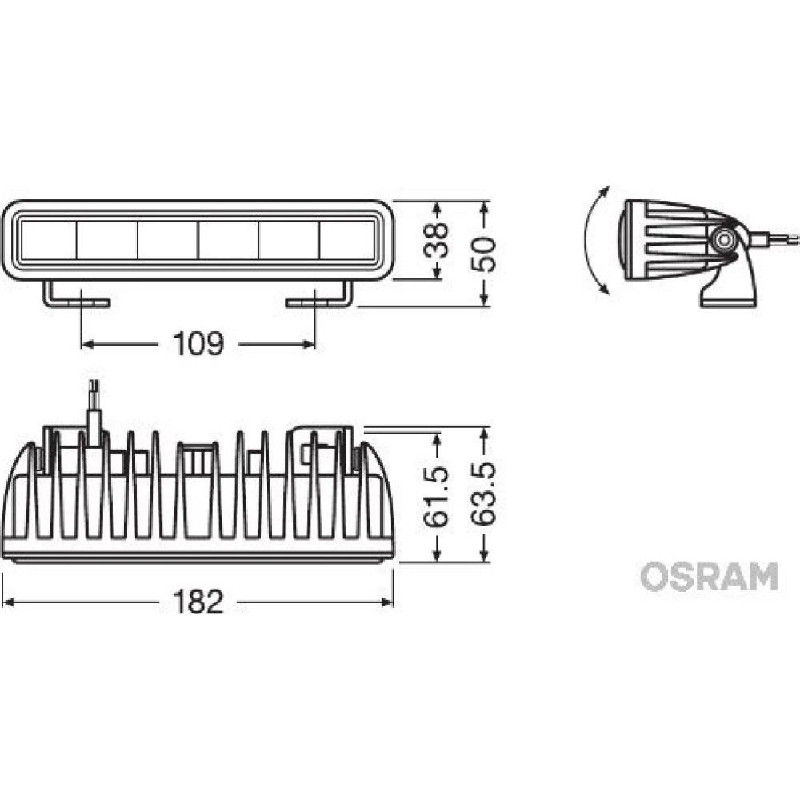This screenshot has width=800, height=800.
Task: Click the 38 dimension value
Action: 437,240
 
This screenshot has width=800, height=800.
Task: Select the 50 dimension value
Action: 484,254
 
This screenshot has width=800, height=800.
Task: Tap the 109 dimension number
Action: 198,344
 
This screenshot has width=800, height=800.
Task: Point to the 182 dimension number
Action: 198,602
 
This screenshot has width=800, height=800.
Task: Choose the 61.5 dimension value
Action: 437,496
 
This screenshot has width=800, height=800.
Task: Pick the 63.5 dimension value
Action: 484,494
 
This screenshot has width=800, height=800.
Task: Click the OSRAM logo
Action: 709,577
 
